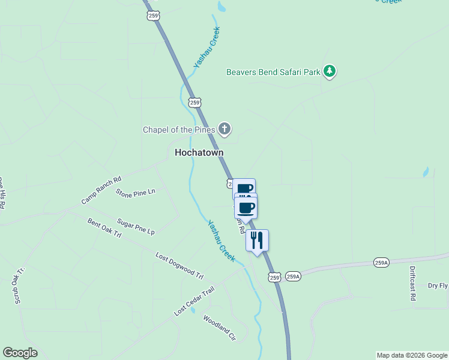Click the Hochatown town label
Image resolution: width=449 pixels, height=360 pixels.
(199, 152)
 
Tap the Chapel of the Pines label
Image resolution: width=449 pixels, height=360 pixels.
(179, 130)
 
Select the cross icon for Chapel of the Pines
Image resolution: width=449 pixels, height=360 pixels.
(224, 128)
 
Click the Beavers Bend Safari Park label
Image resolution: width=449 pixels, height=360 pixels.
(273, 72)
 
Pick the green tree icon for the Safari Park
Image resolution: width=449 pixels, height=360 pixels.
(329, 72)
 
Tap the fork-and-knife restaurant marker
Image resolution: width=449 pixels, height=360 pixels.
(257, 240)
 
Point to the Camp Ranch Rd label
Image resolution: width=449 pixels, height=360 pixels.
(101, 190)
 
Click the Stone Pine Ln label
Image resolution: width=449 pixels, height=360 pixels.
(135, 193)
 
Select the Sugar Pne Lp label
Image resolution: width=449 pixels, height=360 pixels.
(136, 227)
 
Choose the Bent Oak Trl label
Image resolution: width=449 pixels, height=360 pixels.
(104, 228)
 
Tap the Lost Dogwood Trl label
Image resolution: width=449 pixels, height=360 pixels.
(179, 266)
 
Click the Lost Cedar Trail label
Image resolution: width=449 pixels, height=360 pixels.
(194, 302)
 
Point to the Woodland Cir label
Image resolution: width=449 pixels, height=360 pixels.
(219, 328)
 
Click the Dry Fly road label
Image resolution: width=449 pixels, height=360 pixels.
(438, 286)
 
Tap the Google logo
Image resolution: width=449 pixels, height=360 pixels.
(20, 353)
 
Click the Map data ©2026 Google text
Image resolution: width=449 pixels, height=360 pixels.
(412, 355)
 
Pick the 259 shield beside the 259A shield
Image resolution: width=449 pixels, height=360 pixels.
(275, 277)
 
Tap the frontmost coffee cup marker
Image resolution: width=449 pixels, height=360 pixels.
(246, 208)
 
